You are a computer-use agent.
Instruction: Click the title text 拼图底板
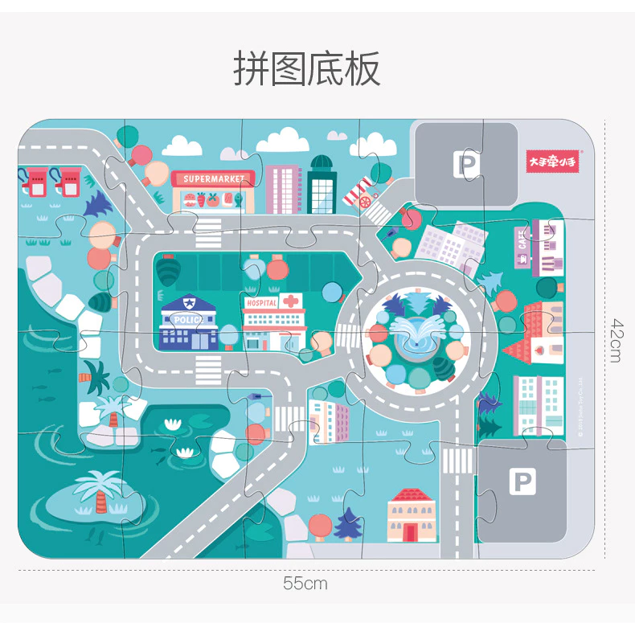click(x=307, y=69)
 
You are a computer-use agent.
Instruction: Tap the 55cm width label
click(x=305, y=584)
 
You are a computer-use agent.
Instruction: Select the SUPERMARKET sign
click(x=213, y=178)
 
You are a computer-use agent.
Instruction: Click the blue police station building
click(x=190, y=323)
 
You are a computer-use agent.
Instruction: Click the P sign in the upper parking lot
click(x=466, y=165)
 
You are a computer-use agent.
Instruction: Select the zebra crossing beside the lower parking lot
click(x=458, y=461)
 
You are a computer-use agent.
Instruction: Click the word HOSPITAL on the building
click(x=261, y=304)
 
